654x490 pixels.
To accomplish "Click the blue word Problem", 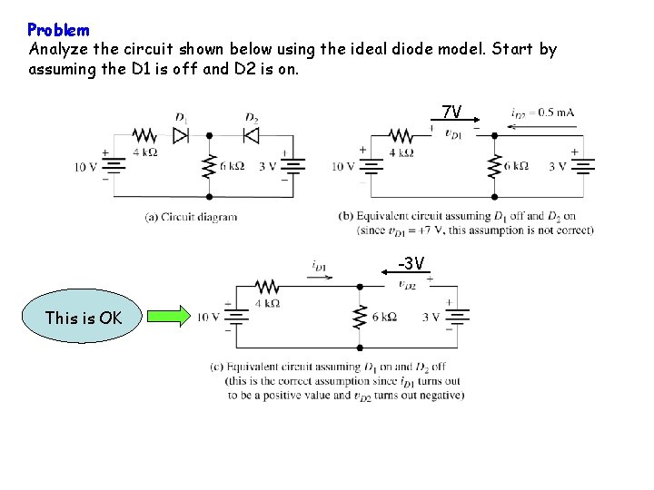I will click(58, 30).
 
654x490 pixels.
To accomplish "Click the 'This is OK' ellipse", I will click(83, 317).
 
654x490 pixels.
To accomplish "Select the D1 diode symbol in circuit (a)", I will click(181, 134).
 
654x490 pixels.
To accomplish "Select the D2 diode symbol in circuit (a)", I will click(252, 134).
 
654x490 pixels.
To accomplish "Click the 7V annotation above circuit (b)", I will click(451, 113).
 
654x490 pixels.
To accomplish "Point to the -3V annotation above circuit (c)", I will click(411, 264).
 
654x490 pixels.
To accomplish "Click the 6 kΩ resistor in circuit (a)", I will click(209, 165).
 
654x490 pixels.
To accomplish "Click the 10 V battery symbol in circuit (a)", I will click(114, 166).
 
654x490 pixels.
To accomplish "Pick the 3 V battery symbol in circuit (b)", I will click(583, 166).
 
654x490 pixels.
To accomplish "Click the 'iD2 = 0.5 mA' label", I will click(542, 113).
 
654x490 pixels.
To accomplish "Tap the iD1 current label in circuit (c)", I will click(319, 266).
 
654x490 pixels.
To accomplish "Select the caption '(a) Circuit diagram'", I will click(192, 217).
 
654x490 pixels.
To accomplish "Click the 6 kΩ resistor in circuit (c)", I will click(360, 317).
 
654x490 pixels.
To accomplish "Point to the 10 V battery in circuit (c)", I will click(237, 317).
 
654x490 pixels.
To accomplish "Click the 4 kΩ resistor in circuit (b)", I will click(400, 135).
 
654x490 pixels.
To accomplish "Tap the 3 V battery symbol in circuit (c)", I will click(459, 317).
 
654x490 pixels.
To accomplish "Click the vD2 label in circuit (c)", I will click(408, 284).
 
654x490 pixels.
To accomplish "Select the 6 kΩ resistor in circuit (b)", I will click(494, 166).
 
